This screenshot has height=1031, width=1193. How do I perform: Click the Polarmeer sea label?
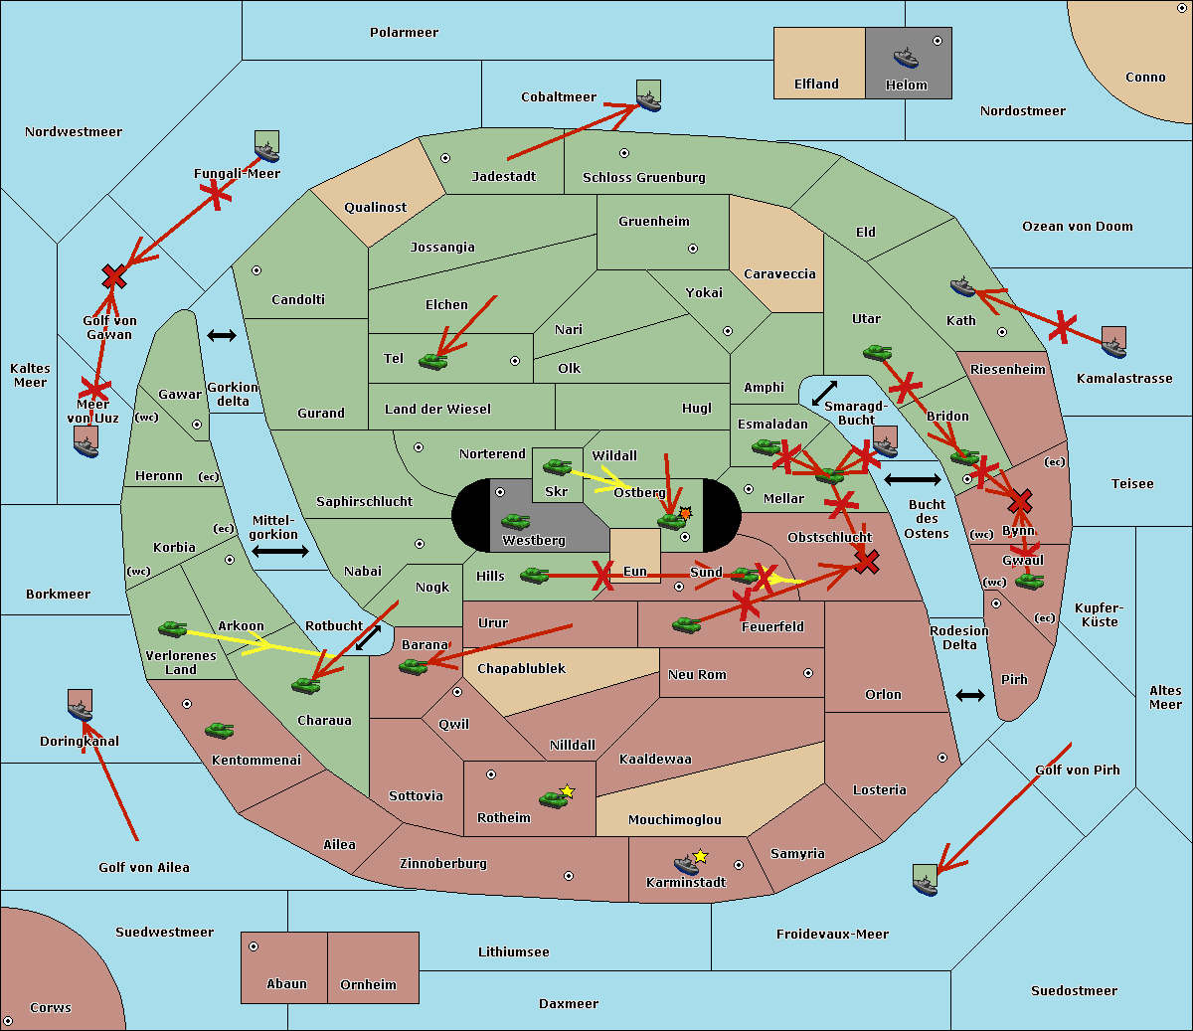tap(404, 33)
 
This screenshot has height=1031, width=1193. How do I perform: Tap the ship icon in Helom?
tap(906, 58)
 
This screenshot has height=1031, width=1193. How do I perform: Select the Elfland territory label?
tap(816, 85)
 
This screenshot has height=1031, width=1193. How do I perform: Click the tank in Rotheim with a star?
tap(554, 798)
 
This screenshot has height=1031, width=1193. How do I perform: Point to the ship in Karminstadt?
tap(687, 864)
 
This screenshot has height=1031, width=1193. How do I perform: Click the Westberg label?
tap(534, 541)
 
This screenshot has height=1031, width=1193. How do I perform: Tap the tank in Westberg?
tap(515, 521)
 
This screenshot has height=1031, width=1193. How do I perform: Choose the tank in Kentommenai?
tap(219, 731)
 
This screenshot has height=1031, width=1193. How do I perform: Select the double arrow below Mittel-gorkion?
tap(279, 551)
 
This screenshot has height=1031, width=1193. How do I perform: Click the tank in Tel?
tap(432, 362)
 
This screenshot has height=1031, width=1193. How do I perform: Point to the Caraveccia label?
tap(779, 274)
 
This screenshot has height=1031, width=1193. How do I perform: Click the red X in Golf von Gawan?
tap(114, 276)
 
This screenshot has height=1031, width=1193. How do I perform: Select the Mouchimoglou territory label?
tap(675, 820)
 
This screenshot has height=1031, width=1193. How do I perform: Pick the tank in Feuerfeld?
tap(686, 625)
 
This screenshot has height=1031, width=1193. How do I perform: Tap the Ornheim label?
tap(368, 985)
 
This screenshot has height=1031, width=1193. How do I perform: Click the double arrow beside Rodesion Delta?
tap(970, 695)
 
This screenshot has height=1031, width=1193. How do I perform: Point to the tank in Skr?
tap(557, 466)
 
